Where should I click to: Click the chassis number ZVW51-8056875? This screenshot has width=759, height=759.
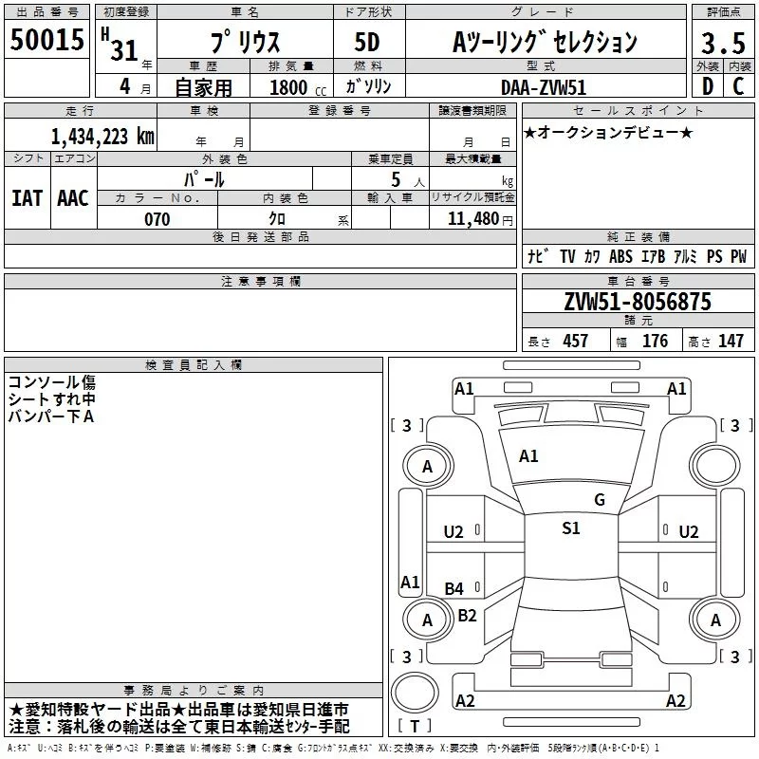click(x=637, y=302)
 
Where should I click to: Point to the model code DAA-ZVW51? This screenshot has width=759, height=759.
click(x=542, y=86)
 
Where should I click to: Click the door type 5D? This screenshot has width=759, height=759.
click(x=367, y=42)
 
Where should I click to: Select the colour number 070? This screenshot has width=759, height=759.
click(x=157, y=219)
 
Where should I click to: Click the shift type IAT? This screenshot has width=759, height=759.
click(x=27, y=198)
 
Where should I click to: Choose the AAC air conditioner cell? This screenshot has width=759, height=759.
click(x=72, y=198)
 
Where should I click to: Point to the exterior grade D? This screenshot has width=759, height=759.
click(x=707, y=86)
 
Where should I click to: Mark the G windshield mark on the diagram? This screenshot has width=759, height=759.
click(x=599, y=500)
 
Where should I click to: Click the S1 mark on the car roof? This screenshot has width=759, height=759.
click(x=570, y=528)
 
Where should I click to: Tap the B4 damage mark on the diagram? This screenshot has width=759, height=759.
click(x=454, y=589)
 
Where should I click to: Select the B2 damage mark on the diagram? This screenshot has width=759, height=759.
click(x=467, y=615)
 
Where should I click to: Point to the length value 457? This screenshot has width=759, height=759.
click(x=575, y=342)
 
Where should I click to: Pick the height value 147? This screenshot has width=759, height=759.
click(x=731, y=342)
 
